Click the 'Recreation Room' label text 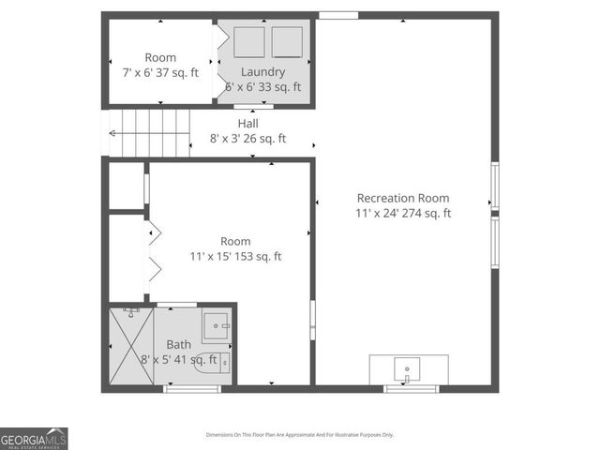click(403, 198)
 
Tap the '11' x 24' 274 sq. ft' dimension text click(403, 213)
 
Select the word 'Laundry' click(262, 72)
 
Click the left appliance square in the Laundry click(249, 43)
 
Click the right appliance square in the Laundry click(286, 43)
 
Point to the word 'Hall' click(247, 124)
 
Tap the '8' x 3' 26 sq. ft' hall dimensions click(247, 139)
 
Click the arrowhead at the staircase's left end click(112, 133)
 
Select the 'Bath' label click(178, 344)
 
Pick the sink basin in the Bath click(217, 327)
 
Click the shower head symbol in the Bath click(132, 309)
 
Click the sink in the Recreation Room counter click(408, 367)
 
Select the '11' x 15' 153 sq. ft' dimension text click(236, 256)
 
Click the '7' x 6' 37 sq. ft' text click(160, 72)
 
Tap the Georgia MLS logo click(34, 438)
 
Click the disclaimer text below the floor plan click(300, 435)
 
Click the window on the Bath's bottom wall click(178, 388)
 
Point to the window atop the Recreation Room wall click(337, 15)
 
